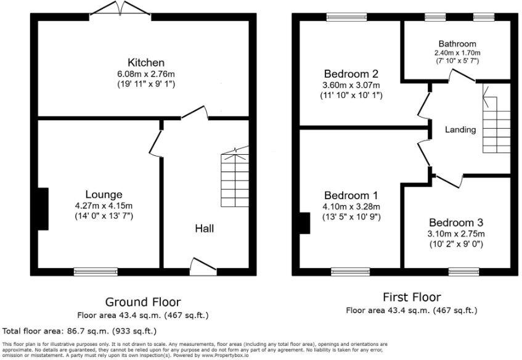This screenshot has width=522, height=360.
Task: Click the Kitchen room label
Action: click(145, 63)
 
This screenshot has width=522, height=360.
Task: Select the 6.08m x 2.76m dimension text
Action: click(145, 74)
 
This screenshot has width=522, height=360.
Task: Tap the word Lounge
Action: click(104, 194)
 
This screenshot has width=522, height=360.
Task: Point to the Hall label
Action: click(205, 229)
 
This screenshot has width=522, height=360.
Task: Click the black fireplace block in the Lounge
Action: click(41, 208)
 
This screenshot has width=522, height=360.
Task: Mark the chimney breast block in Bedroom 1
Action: click(304, 223)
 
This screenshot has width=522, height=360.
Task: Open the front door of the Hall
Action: click(203, 266)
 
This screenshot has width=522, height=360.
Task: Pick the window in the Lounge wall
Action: click(96, 271)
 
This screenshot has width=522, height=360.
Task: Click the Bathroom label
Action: click(457, 44)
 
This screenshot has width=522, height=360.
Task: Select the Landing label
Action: click(460, 129)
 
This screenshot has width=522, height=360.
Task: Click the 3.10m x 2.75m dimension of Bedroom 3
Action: click(456, 234)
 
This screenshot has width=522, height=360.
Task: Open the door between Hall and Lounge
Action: click(155, 142)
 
